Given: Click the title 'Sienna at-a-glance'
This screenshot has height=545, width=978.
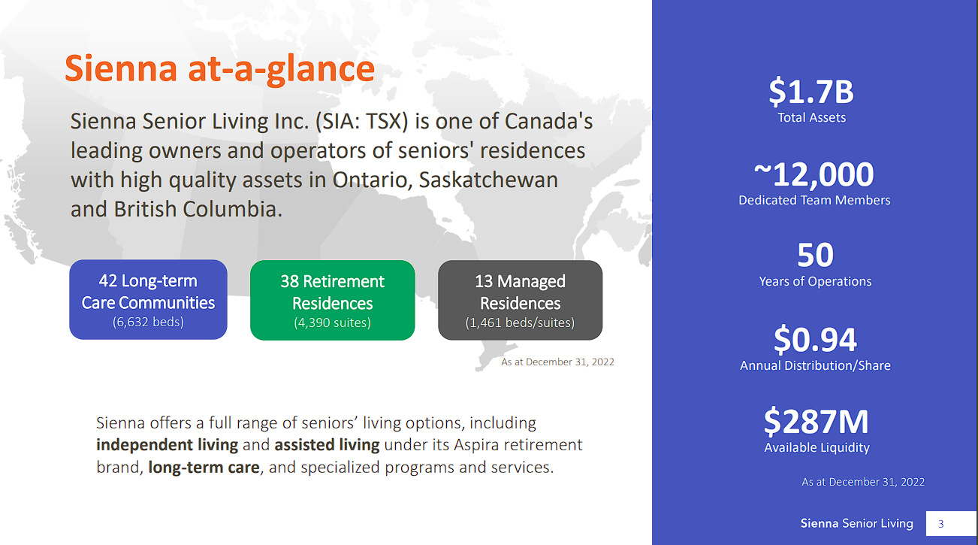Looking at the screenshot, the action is pos(219,69).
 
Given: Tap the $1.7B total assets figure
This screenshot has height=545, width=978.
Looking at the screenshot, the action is pos(811,92).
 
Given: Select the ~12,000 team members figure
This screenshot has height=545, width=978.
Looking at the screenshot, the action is pos(813,174).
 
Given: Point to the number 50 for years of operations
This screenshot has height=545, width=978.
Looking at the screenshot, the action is pos(815,255).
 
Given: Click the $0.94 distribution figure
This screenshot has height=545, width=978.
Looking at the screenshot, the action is pos(815,340).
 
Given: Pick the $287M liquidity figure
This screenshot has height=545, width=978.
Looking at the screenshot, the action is pos(816,422).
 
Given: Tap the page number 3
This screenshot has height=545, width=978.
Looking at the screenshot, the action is pos(941,524).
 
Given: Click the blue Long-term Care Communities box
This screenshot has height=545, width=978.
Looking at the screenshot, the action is pos(148,300).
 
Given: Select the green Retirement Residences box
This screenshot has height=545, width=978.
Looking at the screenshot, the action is pos(332,300).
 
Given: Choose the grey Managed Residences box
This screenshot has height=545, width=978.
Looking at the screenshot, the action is pos(520,300).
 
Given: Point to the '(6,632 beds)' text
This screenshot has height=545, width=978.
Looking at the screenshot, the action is pos(148,322).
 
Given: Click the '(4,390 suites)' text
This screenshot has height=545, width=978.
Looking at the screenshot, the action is pos(332,322).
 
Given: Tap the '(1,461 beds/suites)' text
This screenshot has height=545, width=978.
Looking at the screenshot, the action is pos(520,322).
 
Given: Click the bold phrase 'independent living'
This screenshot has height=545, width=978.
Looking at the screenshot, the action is pos(168,445).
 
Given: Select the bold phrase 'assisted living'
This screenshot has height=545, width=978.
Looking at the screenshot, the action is pos(327,445).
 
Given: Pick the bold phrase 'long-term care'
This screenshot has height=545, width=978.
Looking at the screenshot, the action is pos(204,468).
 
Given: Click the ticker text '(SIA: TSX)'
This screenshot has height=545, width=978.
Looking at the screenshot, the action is pos(362,121).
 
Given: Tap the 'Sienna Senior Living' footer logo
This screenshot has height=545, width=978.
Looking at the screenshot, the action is pos(856,524).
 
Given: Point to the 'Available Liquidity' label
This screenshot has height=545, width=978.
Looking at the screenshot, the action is pos(817,447).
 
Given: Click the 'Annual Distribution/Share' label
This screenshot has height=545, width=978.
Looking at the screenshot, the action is pos(815,365).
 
